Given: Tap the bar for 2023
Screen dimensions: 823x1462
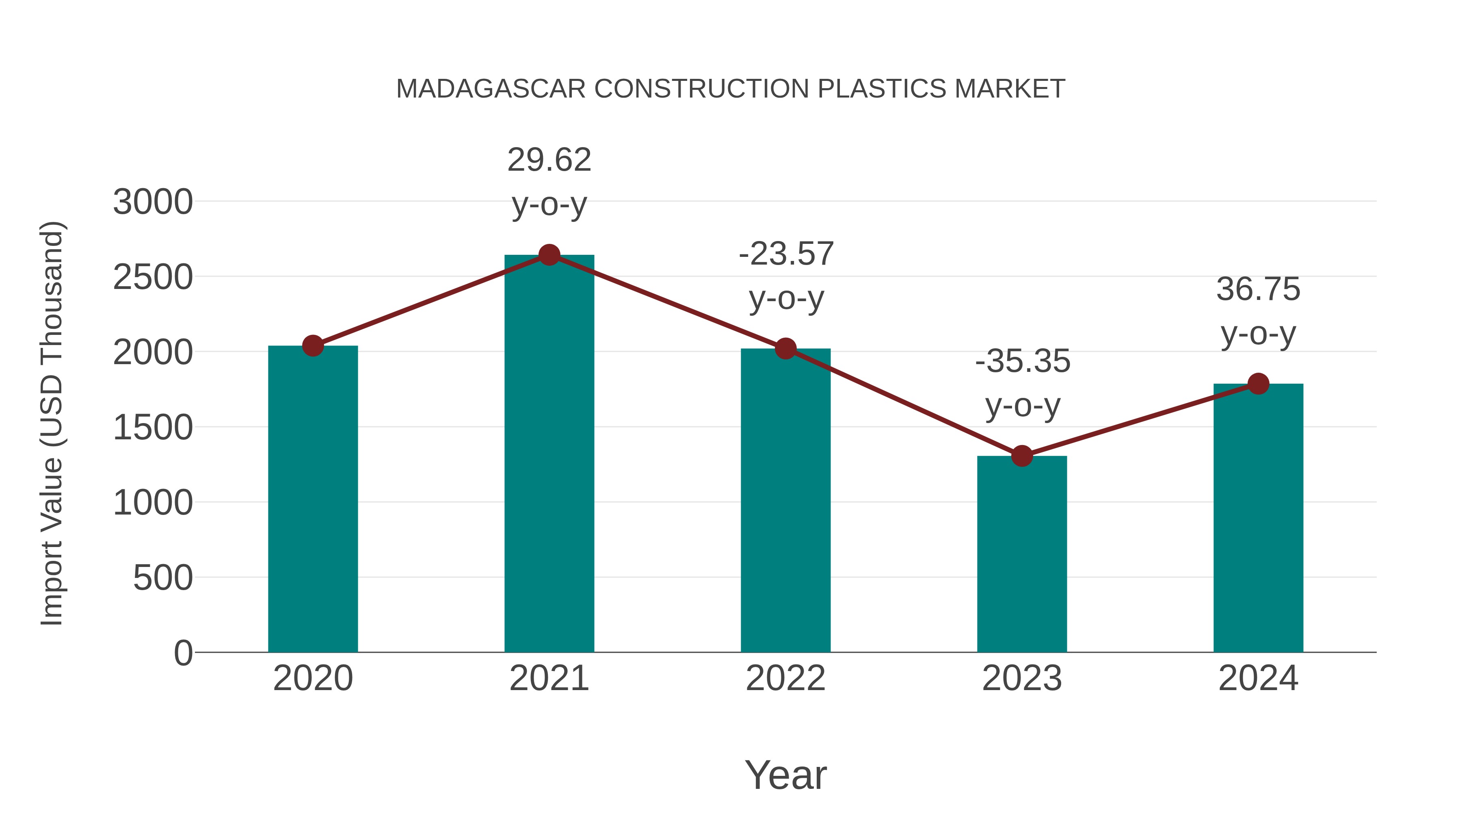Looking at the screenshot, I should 1022,554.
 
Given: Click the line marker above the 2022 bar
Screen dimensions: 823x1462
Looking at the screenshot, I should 785,348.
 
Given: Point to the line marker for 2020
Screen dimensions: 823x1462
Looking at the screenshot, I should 313,345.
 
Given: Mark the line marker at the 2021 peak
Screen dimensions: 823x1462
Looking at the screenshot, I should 549,255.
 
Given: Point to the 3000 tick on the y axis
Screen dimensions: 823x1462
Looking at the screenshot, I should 153,202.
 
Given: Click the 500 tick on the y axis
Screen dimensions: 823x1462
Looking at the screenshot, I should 163,578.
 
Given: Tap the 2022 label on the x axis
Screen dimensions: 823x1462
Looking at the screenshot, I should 785,678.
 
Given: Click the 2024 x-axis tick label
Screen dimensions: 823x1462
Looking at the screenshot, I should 1258,678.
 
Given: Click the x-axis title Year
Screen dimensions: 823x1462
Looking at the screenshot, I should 785,775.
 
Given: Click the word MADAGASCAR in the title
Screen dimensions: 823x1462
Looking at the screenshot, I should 490,89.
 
